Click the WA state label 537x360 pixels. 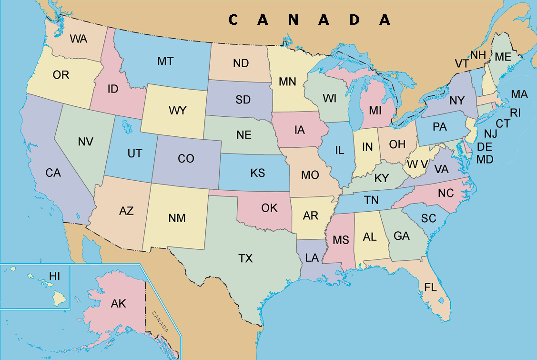coord(79,39)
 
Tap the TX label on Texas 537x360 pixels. coord(245,258)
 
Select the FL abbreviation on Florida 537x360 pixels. coord(431,287)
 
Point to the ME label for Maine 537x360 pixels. coord(503,57)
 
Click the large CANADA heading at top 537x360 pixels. coord(310,20)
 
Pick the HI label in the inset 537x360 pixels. coord(55,277)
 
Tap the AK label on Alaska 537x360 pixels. coord(118,303)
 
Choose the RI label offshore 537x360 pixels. coord(516,113)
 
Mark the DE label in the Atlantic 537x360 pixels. coord(485,147)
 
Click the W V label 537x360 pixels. coord(417,164)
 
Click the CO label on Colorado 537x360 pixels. coord(186,159)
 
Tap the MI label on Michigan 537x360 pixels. coord(375,111)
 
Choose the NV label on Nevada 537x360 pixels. coord(85,142)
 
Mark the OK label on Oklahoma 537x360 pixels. coord(269,208)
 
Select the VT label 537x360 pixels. coord(462,64)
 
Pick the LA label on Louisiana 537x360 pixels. coord(312,258)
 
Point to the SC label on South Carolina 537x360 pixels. coord(428,218)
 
